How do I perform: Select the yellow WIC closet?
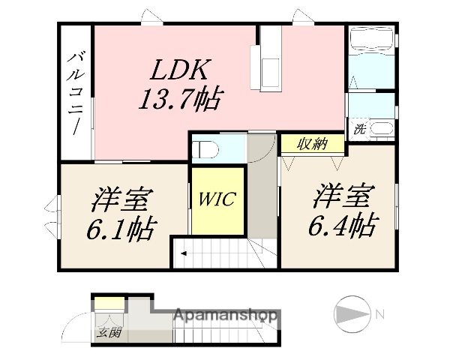click(x=217, y=200)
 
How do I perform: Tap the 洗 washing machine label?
click(x=360, y=129)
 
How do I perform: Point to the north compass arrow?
click(x=350, y=312)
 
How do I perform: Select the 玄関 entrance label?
click(x=106, y=331)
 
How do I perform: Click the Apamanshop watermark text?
click(x=226, y=316)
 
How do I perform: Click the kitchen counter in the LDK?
click(x=268, y=58)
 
